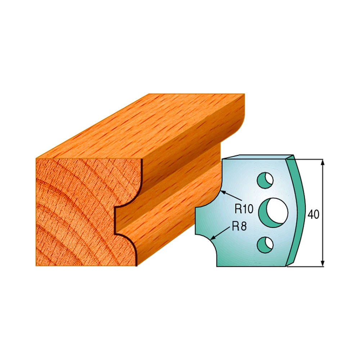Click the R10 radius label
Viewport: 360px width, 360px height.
pos(244,209)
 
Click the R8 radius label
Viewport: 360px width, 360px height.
pos(239,226)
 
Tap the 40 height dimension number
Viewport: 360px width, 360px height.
pos(314,215)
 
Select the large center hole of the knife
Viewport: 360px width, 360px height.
pos(273,212)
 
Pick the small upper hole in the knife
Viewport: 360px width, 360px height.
pos(265,180)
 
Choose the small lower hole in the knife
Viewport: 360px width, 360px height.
pos(265,245)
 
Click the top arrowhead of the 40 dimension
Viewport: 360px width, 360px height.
pos(323,162)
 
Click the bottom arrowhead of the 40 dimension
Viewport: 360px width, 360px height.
pos(323,263)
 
